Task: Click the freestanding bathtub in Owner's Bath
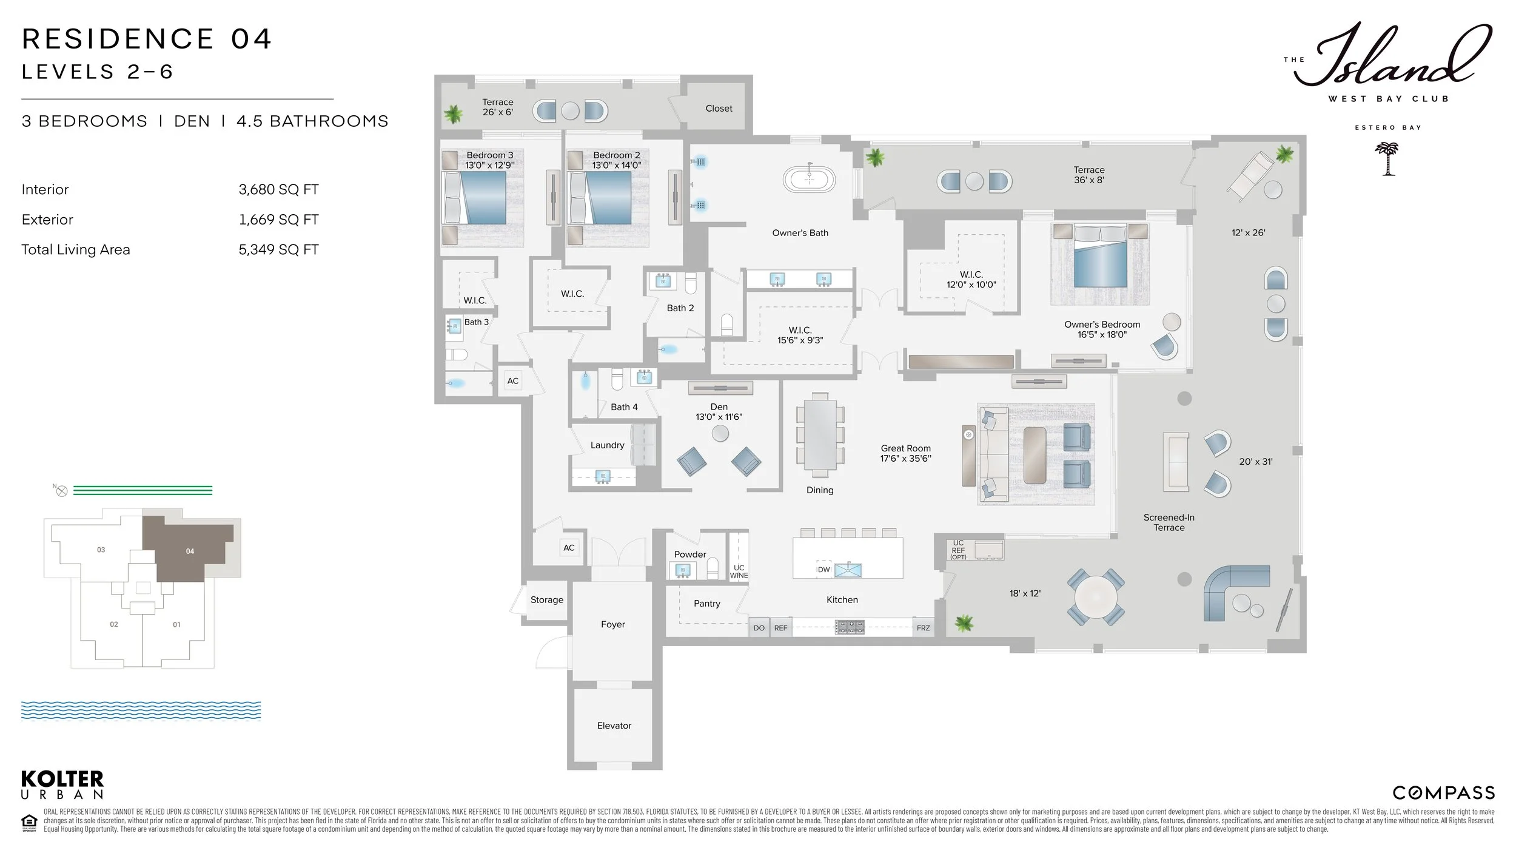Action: (809, 180)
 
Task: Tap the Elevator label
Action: (614, 726)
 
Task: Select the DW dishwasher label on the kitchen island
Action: (823, 570)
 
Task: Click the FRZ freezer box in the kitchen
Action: (923, 628)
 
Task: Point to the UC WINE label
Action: (739, 571)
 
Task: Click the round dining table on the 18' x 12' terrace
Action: (1096, 597)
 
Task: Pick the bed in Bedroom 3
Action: (475, 198)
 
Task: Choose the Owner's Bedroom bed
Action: (1100, 255)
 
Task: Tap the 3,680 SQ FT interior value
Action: (278, 190)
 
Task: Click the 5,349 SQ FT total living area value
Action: (278, 250)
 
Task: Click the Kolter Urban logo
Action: (62, 785)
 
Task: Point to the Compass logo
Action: (1443, 793)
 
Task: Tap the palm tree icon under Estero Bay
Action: (1387, 159)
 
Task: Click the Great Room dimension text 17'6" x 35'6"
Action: (905, 459)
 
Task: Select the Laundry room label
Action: (607, 445)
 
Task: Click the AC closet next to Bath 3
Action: (513, 381)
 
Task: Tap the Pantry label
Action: (707, 604)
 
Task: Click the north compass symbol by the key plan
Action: (61, 491)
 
